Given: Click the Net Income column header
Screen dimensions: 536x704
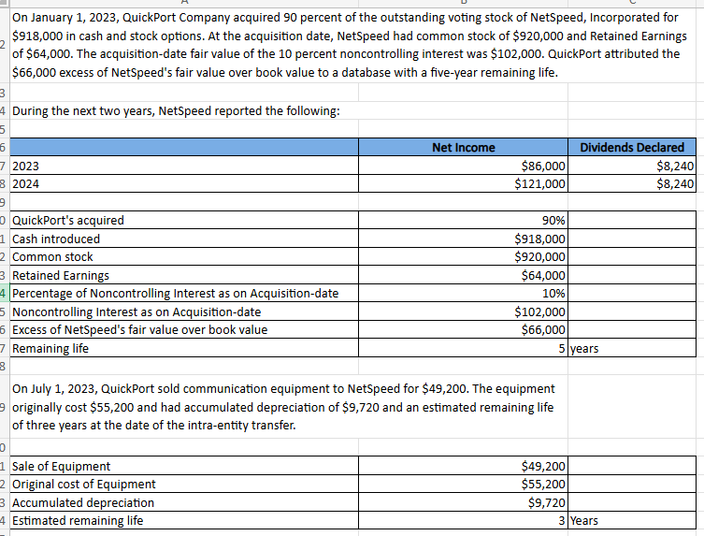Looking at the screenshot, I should point(464,147).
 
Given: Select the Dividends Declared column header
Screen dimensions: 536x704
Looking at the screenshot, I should point(632,147).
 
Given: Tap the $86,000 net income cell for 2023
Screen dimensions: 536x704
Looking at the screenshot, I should point(541,166).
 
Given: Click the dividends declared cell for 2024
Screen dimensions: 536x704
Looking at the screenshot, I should point(675,183).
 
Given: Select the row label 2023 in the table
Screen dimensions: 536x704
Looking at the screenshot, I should point(25,166).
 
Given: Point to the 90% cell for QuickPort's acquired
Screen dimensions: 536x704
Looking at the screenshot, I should point(553,221).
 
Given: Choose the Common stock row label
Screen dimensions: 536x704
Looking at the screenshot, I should point(52,256).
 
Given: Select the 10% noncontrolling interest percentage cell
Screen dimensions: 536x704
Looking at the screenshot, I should point(553,293).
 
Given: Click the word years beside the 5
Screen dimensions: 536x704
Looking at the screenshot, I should point(584,348).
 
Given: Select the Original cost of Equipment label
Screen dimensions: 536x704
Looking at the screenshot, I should point(83,484).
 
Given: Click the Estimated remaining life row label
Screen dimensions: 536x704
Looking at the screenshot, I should point(78,520).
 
